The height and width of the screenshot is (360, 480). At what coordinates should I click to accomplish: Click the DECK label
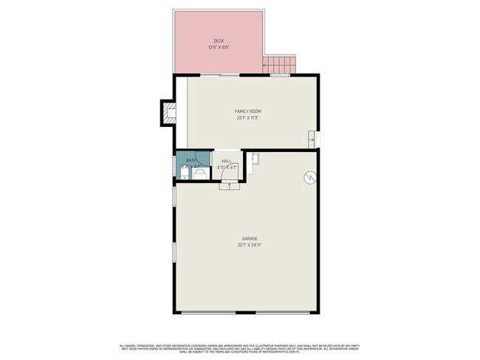[x=219, y=41]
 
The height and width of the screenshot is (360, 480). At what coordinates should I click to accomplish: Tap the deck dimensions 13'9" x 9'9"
[x=219, y=47]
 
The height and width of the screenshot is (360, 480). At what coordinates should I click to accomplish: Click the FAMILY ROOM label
[x=248, y=111]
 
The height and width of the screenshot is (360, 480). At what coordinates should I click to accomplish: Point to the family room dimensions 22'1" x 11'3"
[x=248, y=117]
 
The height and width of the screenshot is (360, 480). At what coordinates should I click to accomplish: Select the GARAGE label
[x=250, y=238]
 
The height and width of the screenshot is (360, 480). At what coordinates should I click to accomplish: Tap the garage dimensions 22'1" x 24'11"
[x=250, y=244]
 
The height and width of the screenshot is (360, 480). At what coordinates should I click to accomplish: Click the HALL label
[x=227, y=161]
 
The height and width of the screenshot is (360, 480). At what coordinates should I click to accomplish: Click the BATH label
[x=191, y=161]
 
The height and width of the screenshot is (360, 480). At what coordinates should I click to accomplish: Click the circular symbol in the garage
[x=311, y=177]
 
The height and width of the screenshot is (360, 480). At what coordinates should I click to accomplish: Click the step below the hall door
[x=229, y=185]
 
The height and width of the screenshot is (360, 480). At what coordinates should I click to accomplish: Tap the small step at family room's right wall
[x=312, y=139]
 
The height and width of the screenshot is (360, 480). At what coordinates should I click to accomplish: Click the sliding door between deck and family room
[x=219, y=75]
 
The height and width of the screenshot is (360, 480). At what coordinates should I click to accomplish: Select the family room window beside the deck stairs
[x=278, y=75]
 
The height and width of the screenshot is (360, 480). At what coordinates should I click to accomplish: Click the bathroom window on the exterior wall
[x=174, y=164]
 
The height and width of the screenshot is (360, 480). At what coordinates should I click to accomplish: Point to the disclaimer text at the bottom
[x=239, y=347]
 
